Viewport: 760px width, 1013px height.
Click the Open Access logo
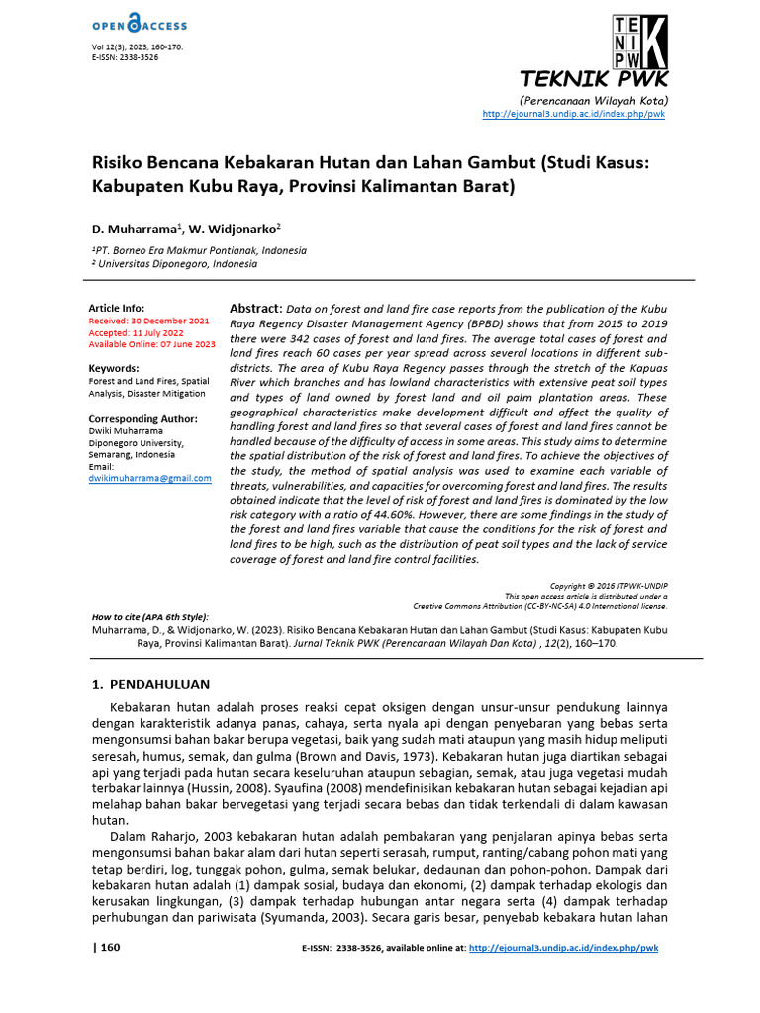coord(139,25)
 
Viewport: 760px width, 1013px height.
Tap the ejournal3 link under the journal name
coord(573,115)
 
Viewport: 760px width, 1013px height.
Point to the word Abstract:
coord(255,308)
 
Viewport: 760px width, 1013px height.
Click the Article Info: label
coord(117,309)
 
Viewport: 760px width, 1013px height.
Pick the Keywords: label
coord(114,368)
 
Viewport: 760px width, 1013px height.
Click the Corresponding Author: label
coord(142,418)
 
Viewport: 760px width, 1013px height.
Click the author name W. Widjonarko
coord(240,228)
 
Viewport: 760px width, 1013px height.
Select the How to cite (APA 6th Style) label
coord(149,616)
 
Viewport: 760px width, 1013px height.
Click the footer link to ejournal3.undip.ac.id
coord(563,948)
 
